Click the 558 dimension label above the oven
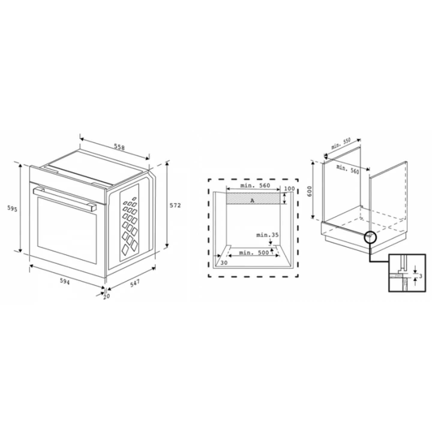pos(119,147)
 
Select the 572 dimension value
pos(175,205)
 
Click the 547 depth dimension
pos(135,283)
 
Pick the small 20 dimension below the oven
pos(106,296)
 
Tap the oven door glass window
pos(67,229)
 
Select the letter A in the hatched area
pos(252,201)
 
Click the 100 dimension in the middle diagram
pos(289,188)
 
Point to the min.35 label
pos(267,235)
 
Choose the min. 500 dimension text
pos(254,253)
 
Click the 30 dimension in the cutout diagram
pos(224,262)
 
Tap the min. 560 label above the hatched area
pos(255,185)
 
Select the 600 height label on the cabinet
pos(310,191)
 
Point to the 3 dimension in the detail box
pos(420,276)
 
